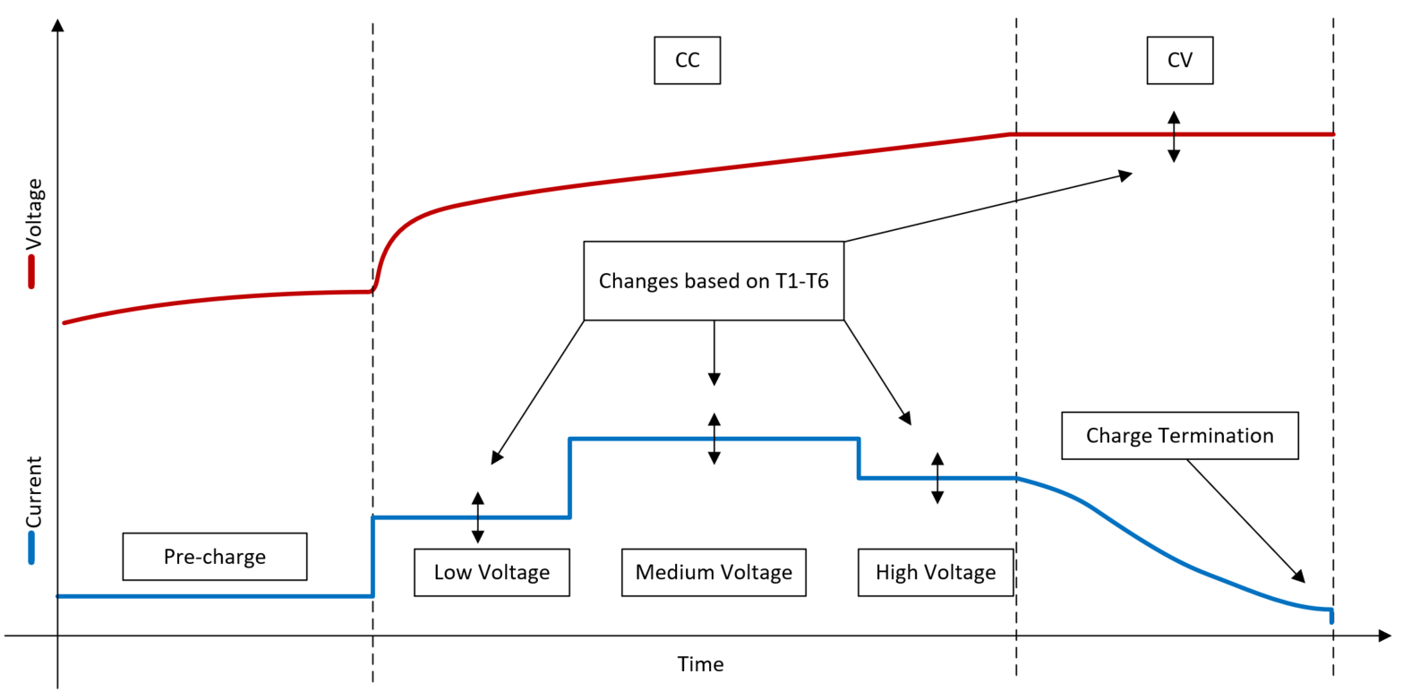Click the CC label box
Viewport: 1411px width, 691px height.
[x=687, y=60]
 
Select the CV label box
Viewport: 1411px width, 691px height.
[x=1179, y=60]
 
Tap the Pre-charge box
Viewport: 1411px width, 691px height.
[x=215, y=557]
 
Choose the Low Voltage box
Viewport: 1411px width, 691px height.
[x=492, y=572]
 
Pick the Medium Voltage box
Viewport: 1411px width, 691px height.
[x=714, y=572]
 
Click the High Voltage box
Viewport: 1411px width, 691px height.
[x=935, y=572]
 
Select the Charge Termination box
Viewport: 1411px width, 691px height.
[x=1179, y=436]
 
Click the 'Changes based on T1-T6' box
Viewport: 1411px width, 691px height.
[x=714, y=281]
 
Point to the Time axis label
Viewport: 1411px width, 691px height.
[x=700, y=664]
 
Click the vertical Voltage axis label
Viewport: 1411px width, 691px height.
[x=34, y=214]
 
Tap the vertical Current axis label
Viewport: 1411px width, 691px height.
[x=34, y=492]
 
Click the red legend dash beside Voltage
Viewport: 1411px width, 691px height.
[x=31, y=272]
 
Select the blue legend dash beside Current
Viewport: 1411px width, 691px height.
[x=31, y=548]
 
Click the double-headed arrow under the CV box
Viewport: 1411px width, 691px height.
[x=1174, y=137]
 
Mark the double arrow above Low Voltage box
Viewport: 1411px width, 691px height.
[x=478, y=517]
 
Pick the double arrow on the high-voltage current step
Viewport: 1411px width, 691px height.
[x=937, y=478]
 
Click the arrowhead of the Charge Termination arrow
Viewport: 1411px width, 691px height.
[x=1298, y=576]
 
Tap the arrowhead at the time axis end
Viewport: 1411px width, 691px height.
[x=1385, y=636]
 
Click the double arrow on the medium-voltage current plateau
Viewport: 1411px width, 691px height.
[x=714, y=439]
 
